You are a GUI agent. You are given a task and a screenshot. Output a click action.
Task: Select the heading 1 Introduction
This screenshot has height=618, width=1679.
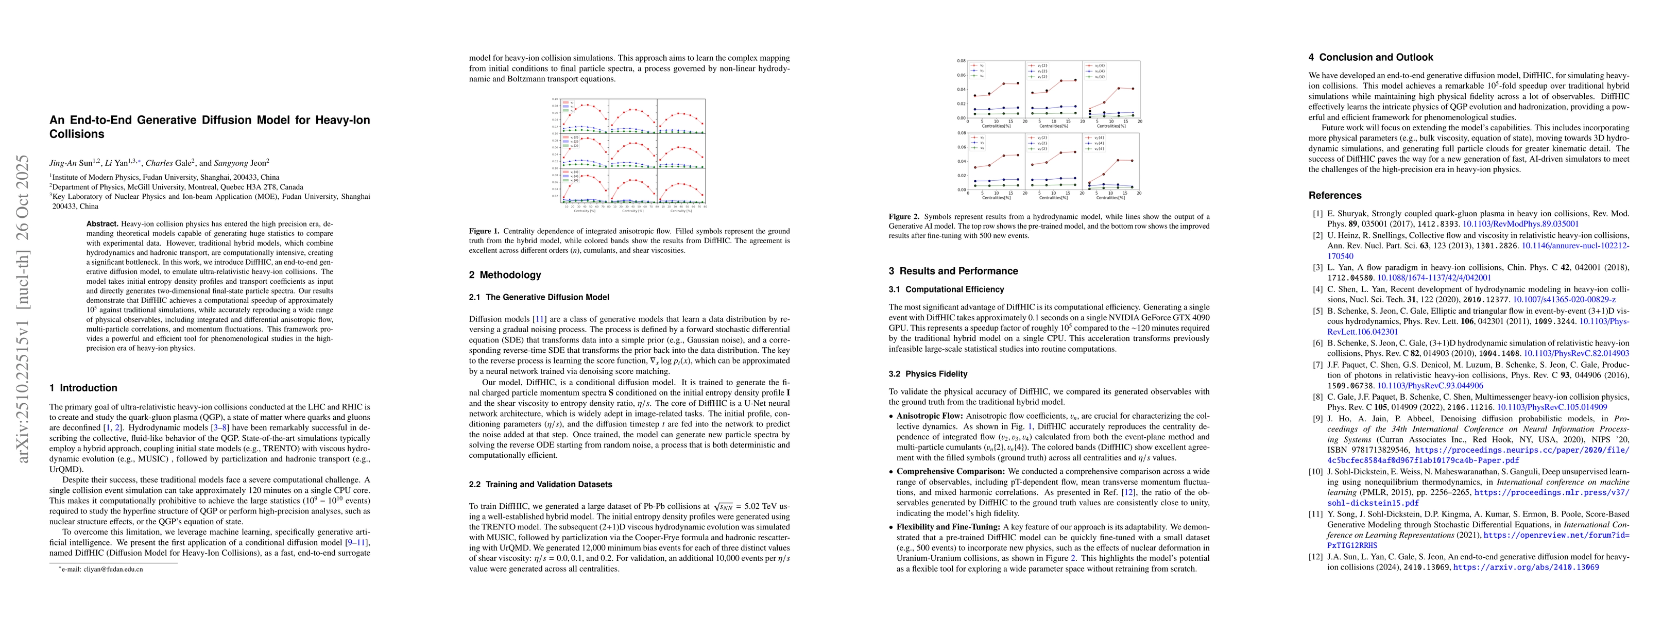click(x=83, y=388)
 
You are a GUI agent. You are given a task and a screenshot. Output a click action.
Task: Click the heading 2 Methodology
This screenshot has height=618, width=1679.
click(x=505, y=274)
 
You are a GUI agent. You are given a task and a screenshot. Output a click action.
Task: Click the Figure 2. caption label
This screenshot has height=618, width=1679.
click(x=903, y=216)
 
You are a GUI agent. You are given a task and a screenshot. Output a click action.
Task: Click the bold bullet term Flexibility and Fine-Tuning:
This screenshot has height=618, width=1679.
click(x=948, y=527)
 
